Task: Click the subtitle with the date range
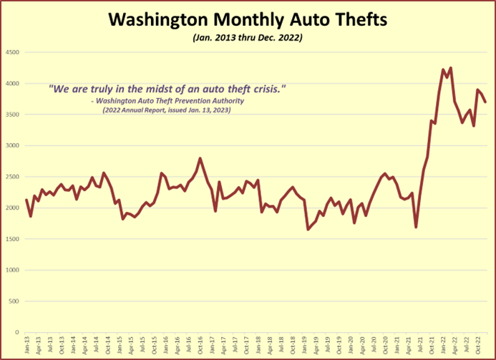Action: (247, 37)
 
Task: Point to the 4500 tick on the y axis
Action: (12, 52)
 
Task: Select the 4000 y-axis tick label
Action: (12, 84)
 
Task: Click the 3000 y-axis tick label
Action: (12, 146)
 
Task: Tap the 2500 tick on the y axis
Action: (12, 177)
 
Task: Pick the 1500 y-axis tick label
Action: (12, 239)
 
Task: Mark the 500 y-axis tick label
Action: (14, 301)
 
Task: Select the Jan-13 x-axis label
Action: (27, 346)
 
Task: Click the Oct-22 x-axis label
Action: (476, 346)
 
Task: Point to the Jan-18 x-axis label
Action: (257, 346)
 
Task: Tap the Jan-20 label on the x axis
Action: (349, 346)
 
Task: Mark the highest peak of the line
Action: (450, 68)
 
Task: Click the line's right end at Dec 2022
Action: (486, 102)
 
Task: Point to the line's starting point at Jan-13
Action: (26, 200)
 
